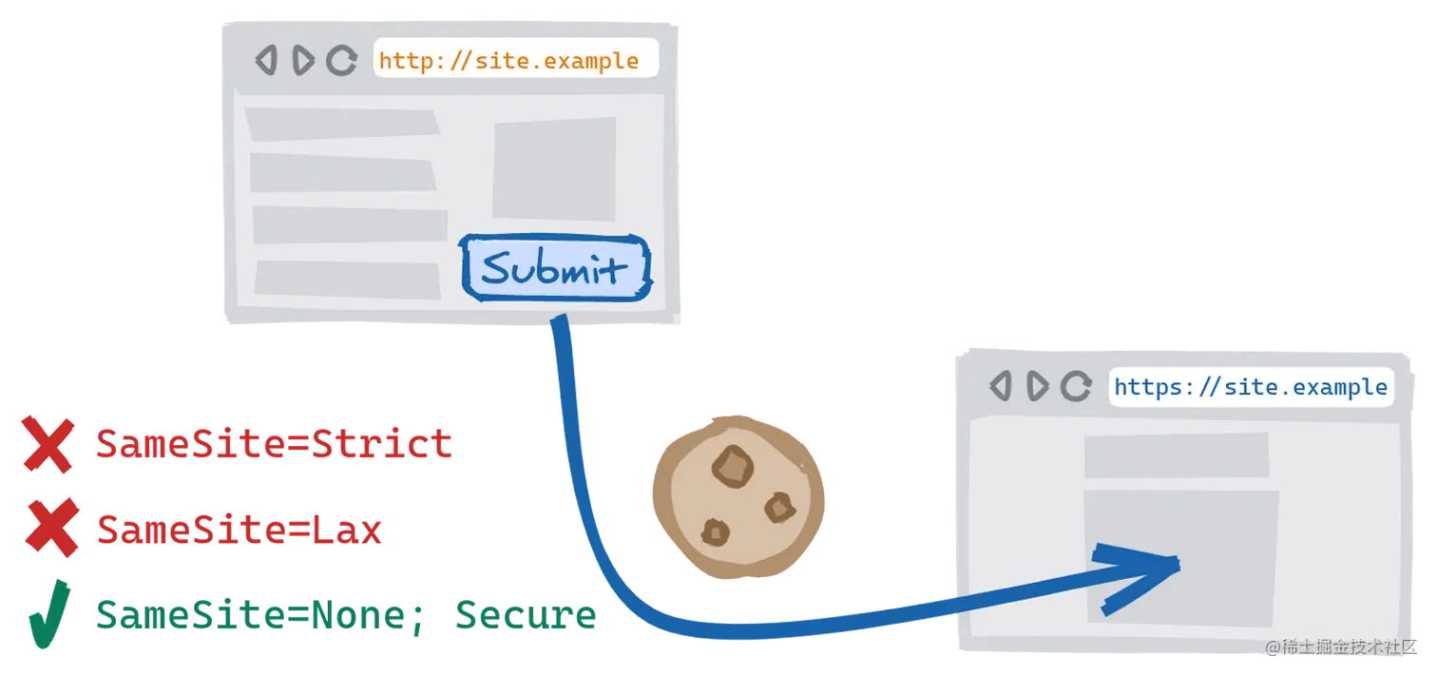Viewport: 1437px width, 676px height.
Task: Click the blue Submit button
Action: [555, 268]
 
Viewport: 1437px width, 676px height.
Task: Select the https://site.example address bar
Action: [1251, 387]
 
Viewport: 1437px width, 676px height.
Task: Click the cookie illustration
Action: [738, 494]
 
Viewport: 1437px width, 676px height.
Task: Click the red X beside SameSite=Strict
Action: [48, 444]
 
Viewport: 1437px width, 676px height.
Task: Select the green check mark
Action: [48, 613]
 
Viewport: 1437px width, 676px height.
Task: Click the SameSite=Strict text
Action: [274, 444]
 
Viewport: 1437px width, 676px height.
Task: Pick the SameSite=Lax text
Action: [239, 529]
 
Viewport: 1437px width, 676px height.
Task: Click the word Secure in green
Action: [527, 615]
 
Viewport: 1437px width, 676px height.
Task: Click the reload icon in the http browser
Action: [342, 61]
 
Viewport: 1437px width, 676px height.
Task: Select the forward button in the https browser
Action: [1038, 386]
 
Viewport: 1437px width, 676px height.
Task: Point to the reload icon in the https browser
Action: [1076, 386]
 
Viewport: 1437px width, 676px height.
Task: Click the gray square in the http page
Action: [553, 169]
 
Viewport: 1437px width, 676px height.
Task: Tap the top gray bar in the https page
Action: [1176, 455]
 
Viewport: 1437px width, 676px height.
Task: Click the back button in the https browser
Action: [1001, 386]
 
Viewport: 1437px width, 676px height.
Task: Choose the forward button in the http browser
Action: [303, 61]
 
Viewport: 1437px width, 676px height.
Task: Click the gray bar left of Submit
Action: [347, 279]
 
